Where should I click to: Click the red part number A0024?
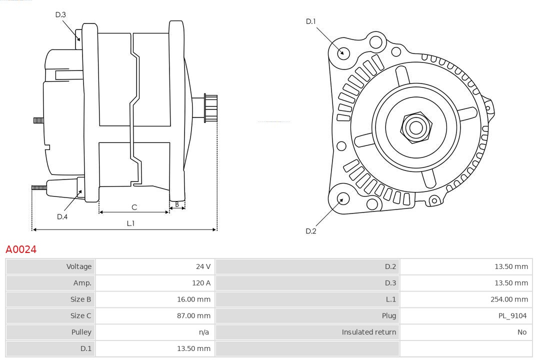[x=21, y=249]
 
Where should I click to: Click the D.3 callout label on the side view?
[x=60, y=14]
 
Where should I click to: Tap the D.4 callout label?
[x=62, y=216]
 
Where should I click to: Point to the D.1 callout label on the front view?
[x=311, y=21]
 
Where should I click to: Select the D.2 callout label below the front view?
[x=311, y=231]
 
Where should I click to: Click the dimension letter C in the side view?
[x=134, y=206]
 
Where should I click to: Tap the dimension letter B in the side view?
[x=176, y=204]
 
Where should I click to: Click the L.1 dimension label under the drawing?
[x=130, y=223]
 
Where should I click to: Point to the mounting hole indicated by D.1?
[x=343, y=52]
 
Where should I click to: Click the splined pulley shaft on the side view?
[x=210, y=108]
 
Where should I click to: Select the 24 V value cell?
[x=203, y=266]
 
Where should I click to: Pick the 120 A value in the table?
[x=201, y=283]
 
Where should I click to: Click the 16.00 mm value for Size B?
[x=193, y=299]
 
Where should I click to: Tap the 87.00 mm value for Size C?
[x=193, y=315]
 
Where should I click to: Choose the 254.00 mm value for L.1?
[x=509, y=299]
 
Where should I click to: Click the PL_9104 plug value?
[x=512, y=315]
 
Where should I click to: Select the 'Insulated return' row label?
[x=368, y=332]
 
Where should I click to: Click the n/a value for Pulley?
[x=204, y=332]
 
